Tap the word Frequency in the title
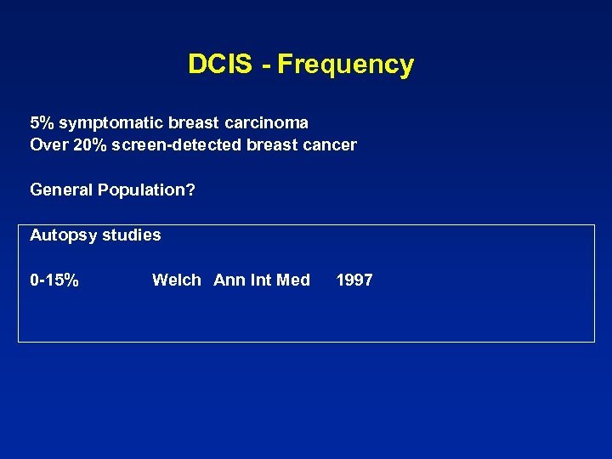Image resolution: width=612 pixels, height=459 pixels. click(345, 65)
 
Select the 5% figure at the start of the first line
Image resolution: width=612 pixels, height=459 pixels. click(40, 122)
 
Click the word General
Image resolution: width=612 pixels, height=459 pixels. click(61, 190)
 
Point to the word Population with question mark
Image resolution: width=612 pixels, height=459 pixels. click(146, 190)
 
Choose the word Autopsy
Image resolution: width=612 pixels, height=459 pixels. click(62, 235)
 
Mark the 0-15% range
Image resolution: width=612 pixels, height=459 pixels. click(54, 280)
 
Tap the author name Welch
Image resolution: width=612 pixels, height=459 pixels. click(177, 280)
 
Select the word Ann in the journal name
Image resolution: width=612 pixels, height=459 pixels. click(229, 280)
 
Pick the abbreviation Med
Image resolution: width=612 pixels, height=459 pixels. click(294, 280)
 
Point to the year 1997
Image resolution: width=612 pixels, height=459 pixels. click(354, 280)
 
